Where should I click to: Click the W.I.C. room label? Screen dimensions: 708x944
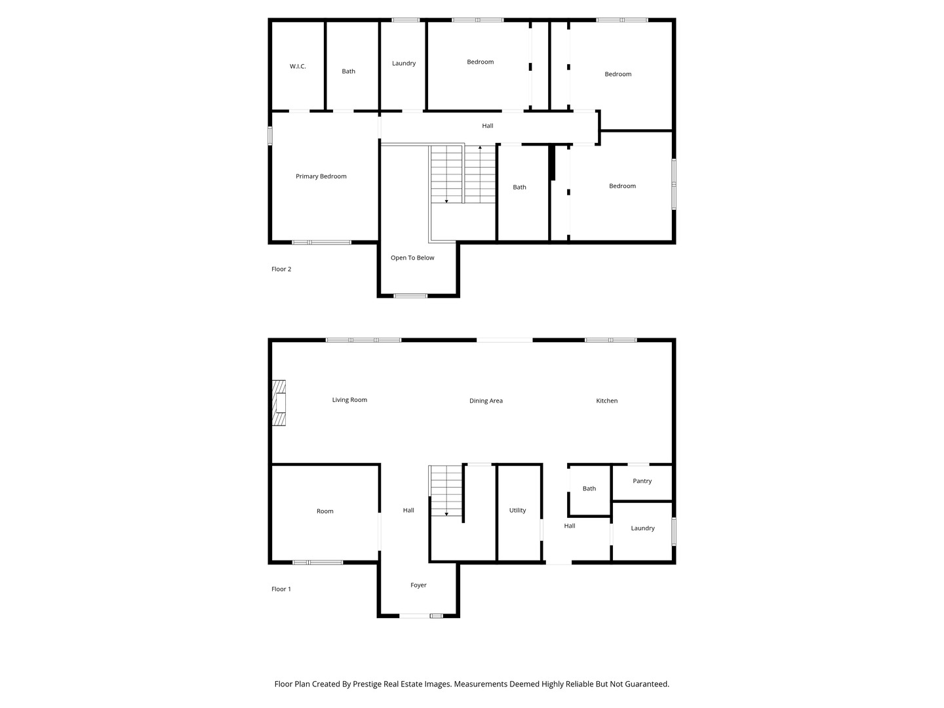pos(298,66)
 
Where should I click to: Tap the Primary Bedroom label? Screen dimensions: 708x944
pos(321,176)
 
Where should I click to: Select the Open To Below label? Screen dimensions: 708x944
pos(412,258)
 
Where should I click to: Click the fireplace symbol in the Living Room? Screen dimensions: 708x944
pos(280,403)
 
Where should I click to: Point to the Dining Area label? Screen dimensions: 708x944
pos(486,401)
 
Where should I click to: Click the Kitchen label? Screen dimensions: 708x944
pos(606,401)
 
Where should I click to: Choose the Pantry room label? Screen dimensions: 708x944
pos(642,481)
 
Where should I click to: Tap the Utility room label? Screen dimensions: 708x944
pos(517,511)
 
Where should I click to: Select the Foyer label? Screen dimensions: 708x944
pos(418,585)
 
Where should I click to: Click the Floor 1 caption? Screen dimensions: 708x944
pos(281,589)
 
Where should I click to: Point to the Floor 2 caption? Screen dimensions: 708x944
pos(281,269)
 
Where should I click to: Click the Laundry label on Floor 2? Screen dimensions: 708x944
pos(404,64)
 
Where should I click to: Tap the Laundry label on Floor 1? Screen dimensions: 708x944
pos(642,528)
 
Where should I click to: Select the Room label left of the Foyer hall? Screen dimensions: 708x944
pos(325,511)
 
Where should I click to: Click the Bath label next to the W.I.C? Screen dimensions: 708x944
pos(348,71)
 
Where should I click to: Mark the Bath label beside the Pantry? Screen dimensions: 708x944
pos(589,488)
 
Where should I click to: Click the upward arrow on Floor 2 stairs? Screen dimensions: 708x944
pos(480,149)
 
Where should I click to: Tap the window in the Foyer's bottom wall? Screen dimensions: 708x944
pos(421,616)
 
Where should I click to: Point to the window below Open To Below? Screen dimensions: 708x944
pos(410,296)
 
